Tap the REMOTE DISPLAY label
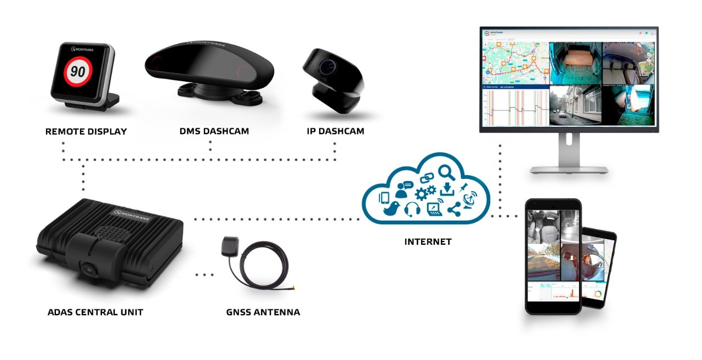click(86, 132)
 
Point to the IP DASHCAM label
click(335, 132)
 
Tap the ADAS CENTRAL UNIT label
click(95, 312)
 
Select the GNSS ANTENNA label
click(263, 312)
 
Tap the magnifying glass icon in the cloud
click(447, 172)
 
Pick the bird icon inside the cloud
click(390, 208)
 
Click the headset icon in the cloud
click(412, 209)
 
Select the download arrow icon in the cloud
click(448, 189)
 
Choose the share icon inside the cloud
click(454, 208)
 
